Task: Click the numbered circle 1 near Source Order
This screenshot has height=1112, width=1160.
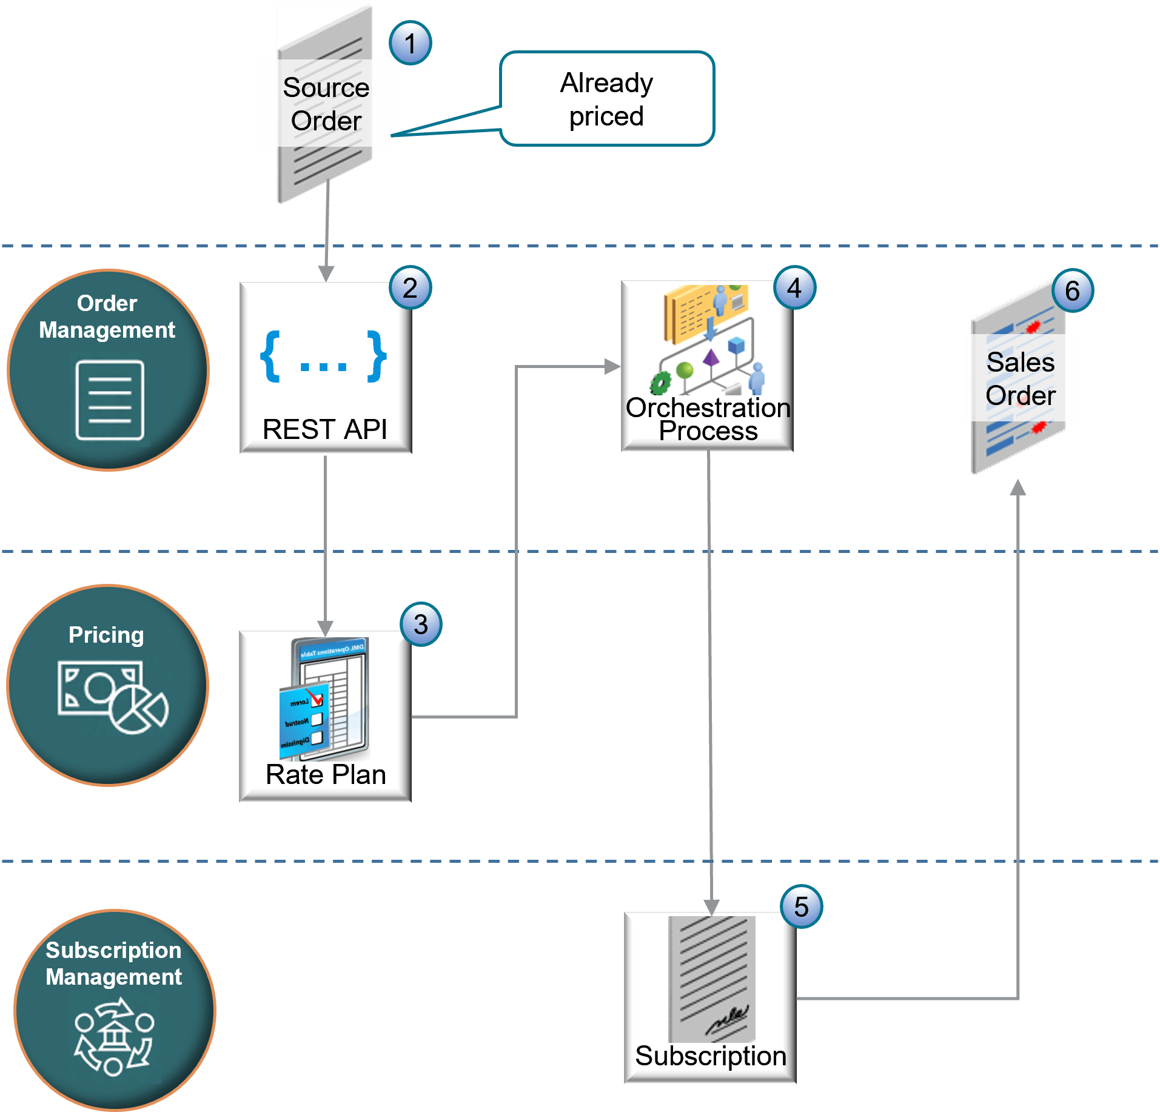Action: pyautogui.click(x=411, y=44)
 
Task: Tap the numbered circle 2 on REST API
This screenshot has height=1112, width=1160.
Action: pyautogui.click(x=410, y=288)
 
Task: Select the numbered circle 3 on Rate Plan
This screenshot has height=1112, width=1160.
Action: pyautogui.click(x=421, y=625)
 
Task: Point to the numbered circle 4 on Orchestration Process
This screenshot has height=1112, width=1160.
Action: pyautogui.click(x=794, y=288)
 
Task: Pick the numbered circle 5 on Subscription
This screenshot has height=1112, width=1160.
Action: pyautogui.click(x=801, y=907)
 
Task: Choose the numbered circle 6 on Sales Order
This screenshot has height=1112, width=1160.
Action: pyautogui.click(x=1072, y=291)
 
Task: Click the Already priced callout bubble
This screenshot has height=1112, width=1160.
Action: pyautogui.click(x=606, y=99)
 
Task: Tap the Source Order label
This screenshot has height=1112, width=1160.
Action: pyautogui.click(x=326, y=104)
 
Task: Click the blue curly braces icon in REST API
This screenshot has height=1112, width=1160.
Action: pyautogui.click(x=323, y=357)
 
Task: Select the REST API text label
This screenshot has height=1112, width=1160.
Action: pyautogui.click(x=325, y=429)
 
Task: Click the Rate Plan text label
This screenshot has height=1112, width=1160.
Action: pyautogui.click(x=326, y=774)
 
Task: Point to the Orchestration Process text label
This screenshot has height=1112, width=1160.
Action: pyautogui.click(x=708, y=419)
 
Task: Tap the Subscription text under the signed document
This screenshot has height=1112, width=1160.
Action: pyautogui.click(x=710, y=1056)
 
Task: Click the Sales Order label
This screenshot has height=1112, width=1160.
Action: pyautogui.click(x=1020, y=378)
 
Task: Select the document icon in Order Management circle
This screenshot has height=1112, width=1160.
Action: pyautogui.click(x=110, y=400)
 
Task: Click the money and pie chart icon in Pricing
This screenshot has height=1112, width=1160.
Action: pyautogui.click(x=112, y=697)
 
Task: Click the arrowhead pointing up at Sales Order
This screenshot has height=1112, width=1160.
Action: pyautogui.click(x=1018, y=486)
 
